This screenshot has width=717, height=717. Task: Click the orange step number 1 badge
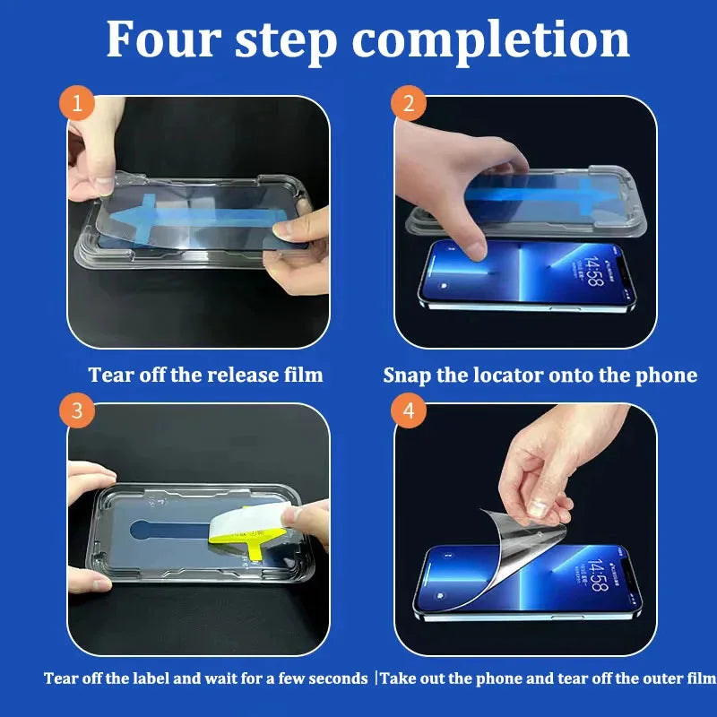coord(77,105)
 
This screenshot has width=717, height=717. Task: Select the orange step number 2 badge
coord(409,105)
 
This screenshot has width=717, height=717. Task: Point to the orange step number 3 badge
coord(77,411)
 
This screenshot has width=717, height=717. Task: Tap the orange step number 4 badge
coord(409,411)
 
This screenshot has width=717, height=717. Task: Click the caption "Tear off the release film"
coord(205,375)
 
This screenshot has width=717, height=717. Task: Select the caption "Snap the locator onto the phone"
coord(540,375)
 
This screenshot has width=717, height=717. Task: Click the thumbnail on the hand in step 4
coord(539,506)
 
